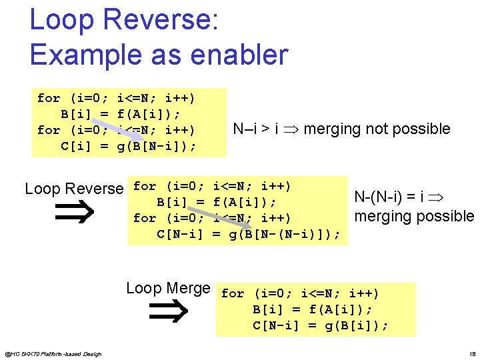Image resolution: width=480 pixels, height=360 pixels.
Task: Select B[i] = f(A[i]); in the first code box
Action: (x=121, y=114)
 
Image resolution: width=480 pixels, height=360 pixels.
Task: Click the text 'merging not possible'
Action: (x=377, y=129)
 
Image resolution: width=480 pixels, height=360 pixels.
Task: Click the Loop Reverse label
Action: (x=74, y=189)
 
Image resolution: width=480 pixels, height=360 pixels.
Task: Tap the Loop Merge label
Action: (x=168, y=288)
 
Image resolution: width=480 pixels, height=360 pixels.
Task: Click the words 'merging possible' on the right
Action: (x=414, y=216)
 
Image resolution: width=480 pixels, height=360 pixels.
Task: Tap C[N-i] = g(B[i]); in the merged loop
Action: (x=321, y=325)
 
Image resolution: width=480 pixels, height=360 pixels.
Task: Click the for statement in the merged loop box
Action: (x=300, y=293)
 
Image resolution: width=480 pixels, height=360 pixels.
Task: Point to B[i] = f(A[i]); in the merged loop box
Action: (x=313, y=309)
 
